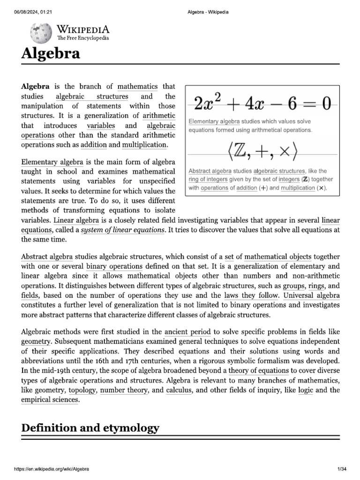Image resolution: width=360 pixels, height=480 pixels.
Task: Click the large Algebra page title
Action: click(51, 54)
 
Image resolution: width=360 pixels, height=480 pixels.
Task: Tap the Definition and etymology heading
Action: click(90, 427)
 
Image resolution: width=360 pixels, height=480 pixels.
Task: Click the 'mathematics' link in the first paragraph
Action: click(137, 86)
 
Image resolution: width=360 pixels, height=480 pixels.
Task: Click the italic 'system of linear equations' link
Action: click(123, 230)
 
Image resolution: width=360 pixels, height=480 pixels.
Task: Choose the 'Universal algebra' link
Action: click(312, 295)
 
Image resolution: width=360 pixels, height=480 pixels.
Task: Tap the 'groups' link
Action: click(293, 285)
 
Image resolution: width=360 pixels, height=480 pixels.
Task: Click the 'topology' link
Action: click(82, 390)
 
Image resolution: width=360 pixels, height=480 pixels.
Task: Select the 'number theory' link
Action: click(124, 390)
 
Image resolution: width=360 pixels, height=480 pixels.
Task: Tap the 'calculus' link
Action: click(179, 390)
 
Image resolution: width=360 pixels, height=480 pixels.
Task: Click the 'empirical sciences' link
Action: click(50, 400)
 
